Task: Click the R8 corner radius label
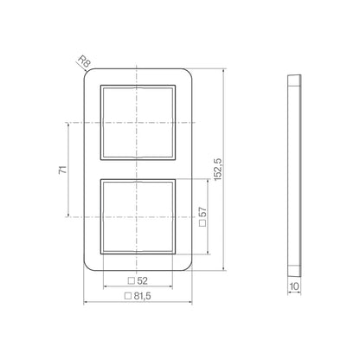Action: point(85,61)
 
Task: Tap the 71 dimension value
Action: point(63,170)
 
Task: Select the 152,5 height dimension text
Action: point(217,170)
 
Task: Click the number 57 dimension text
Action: point(203,212)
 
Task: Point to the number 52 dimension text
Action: point(142,280)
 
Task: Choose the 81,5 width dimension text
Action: point(142,296)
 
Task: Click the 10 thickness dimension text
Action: point(294,286)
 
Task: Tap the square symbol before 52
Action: point(132,280)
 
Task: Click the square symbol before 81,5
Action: point(128,296)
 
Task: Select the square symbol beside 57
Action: point(203,223)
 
